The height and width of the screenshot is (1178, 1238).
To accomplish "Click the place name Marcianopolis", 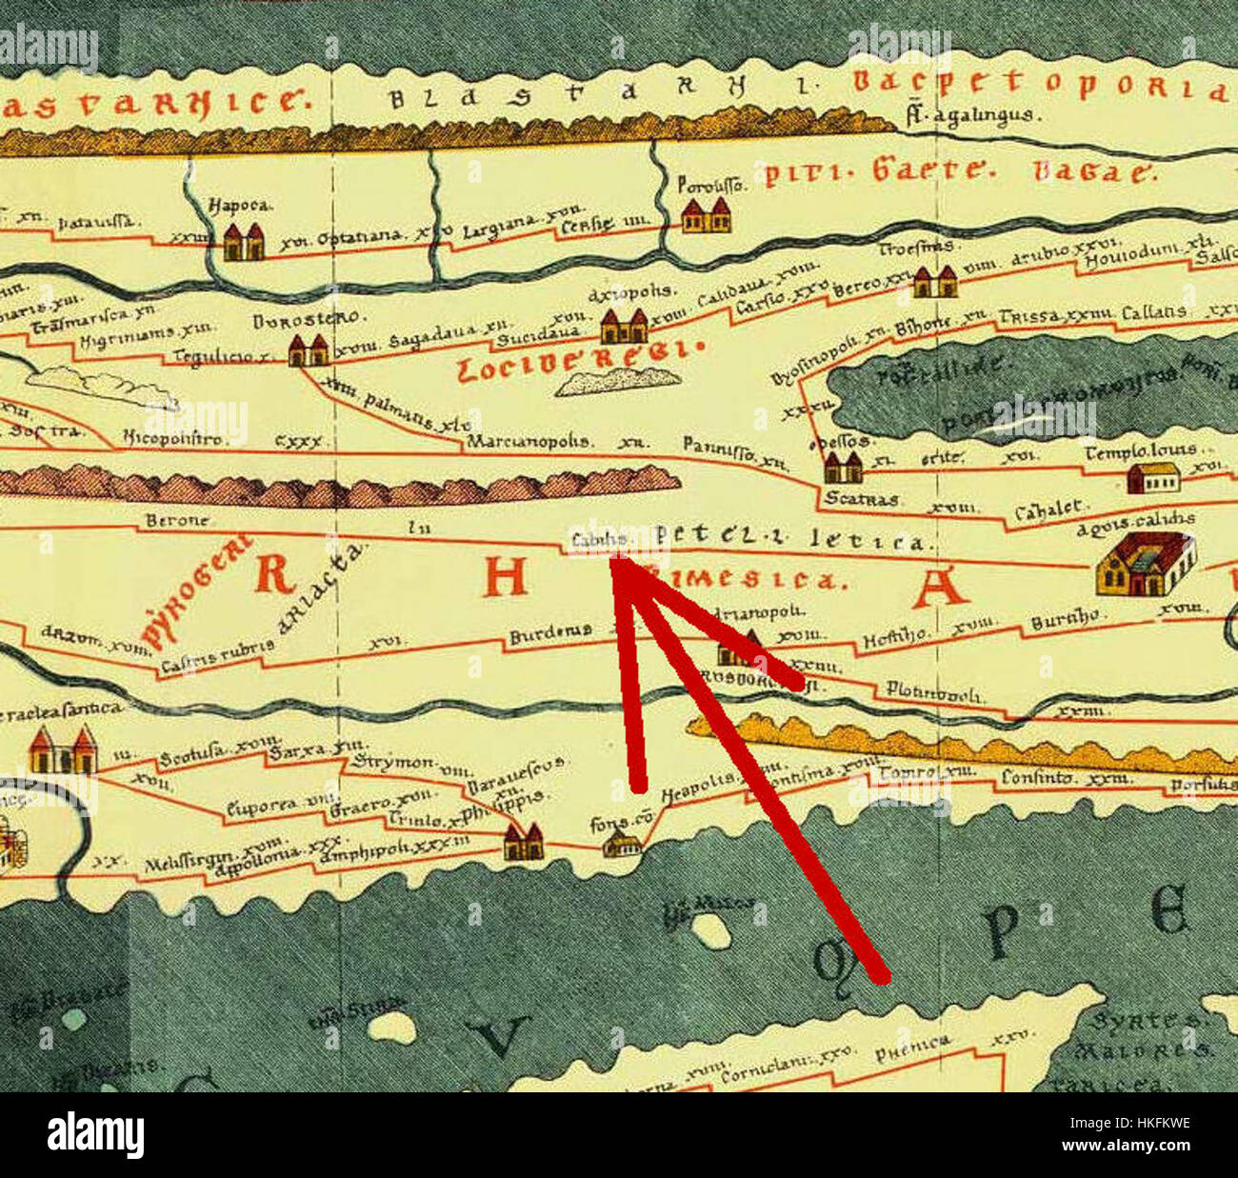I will [x=528, y=443].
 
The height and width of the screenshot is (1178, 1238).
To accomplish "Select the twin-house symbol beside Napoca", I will [x=244, y=242].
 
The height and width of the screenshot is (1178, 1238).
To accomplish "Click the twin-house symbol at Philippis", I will [x=523, y=842].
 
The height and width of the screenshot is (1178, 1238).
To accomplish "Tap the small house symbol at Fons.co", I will [x=622, y=844].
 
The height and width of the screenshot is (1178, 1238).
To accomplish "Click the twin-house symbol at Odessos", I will [x=843, y=468].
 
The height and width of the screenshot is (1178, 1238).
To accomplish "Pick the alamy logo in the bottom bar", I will [x=95, y=1135].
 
